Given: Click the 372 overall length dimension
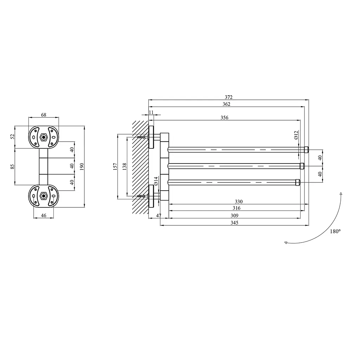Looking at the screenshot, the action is coord(229,97).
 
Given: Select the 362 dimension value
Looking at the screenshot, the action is coord(226,104).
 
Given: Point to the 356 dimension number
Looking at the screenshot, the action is coord(224,117).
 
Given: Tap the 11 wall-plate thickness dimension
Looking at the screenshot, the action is coord(151,112).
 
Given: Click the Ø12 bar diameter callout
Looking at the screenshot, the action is coord(296,135).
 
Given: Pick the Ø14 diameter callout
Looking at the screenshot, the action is coord(156,181).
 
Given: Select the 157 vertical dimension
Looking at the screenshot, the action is coord(115,166).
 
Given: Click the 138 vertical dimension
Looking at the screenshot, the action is coord(124,166).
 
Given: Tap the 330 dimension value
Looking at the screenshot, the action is coord(239,201).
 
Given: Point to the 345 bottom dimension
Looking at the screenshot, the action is coord(234,223).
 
